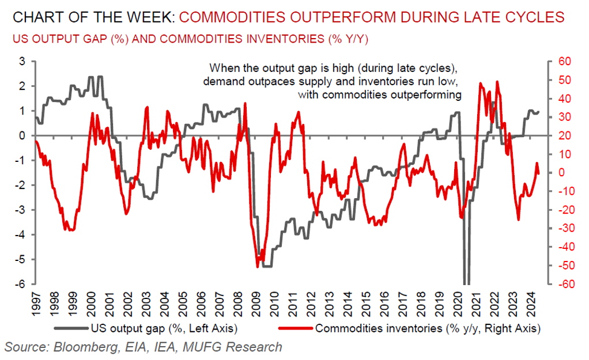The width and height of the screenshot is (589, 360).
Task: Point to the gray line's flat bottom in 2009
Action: [266, 266]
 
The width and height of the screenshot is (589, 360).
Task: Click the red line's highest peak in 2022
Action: [497, 82]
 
